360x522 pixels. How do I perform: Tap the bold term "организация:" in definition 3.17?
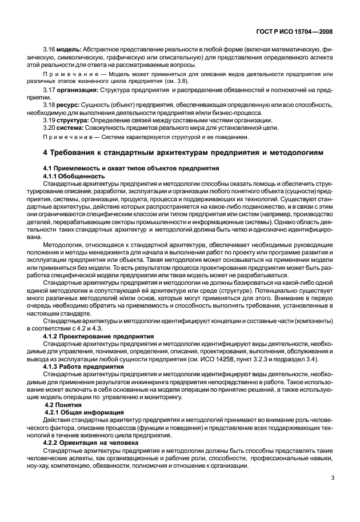point(78,90)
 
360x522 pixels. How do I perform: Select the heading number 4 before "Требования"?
point(46,153)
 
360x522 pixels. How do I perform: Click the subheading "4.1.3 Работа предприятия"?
point(82,366)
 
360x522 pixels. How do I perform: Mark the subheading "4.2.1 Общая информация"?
point(81,412)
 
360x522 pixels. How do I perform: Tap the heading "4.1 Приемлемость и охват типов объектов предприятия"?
point(132,169)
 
